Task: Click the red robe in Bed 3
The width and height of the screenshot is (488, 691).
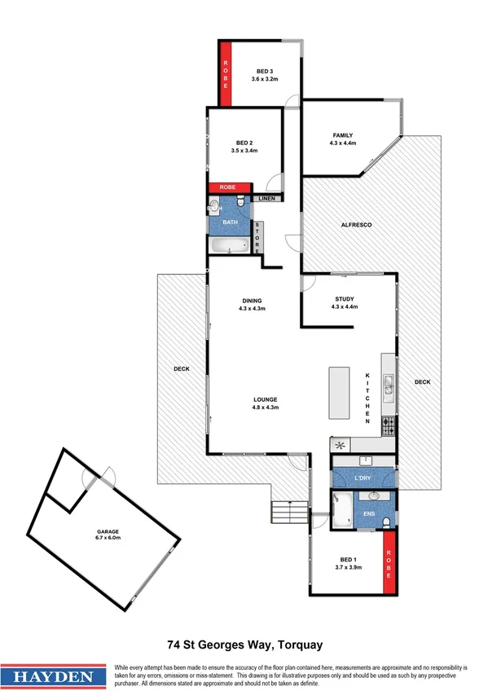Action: pyautogui.click(x=226, y=73)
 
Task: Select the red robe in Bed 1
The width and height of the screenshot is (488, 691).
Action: pyautogui.click(x=389, y=561)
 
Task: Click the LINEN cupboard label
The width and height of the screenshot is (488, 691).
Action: pyautogui.click(x=267, y=198)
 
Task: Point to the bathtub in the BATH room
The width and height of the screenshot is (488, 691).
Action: pyautogui.click(x=229, y=245)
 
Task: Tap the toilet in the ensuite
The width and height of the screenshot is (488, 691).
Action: pyautogui.click(x=389, y=521)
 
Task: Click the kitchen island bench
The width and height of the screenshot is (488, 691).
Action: pyautogui.click(x=338, y=394)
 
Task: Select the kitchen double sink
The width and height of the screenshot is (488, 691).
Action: pyautogui.click(x=389, y=390)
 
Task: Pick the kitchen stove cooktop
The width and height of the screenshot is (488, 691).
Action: pyautogui.click(x=389, y=425)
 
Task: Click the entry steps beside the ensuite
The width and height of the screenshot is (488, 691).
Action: pyautogui.click(x=283, y=513)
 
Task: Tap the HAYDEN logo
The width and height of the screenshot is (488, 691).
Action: pyautogui.click(x=55, y=676)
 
